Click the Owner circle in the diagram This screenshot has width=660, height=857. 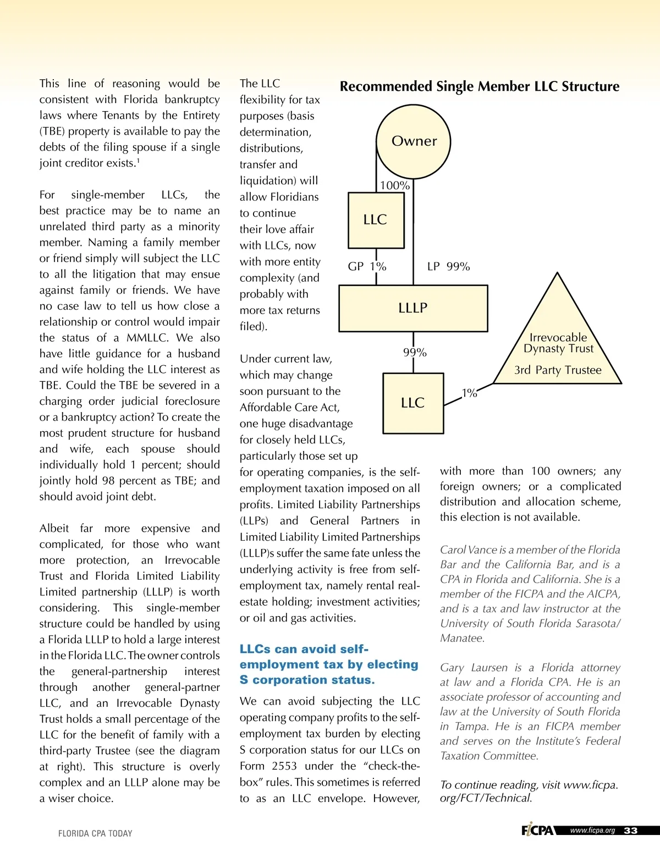(x=414, y=141)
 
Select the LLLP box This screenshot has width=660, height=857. (x=413, y=308)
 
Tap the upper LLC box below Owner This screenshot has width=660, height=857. (x=376, y=220)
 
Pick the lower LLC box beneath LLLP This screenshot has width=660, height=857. (x=413, y=403)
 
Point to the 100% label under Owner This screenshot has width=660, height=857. (x=394, y=185)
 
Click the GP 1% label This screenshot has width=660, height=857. (x=367, y=267)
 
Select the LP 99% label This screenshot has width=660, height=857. (x=448, y=267)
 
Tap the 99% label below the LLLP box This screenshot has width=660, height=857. (x=415, y=353)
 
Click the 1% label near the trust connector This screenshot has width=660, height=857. (x=469, y=393)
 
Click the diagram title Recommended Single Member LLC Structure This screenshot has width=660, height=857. (x=479, y=86)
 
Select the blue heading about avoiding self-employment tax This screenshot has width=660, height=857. (x=329, y=664)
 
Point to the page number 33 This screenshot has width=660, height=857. (x=631, y=831)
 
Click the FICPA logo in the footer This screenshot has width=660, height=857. (x=537, y=830)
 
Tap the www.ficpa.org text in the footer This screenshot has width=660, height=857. (x=592, y=831)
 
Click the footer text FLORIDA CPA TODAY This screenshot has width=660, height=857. (x=95, y=833)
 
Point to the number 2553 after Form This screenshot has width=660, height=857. (x=284, y=766)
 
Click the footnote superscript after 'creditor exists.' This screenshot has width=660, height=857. (x=138, y=160)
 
